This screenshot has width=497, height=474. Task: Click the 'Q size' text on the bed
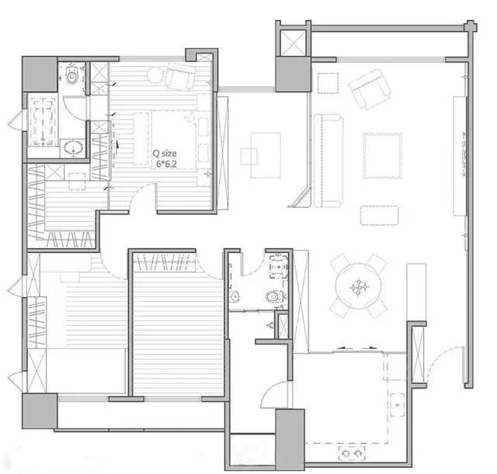[165, 154]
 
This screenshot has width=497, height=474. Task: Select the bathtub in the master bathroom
[43, 122]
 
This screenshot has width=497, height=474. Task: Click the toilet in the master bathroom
[72, 76]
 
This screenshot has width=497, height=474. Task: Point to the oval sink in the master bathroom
[73, 147]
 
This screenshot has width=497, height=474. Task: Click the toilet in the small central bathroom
[273, 296]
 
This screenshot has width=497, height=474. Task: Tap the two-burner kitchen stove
[352, 453]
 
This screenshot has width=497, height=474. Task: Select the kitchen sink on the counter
[397, 405]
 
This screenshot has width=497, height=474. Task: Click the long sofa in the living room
[328, 161]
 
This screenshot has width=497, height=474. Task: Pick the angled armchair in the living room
[370, 88]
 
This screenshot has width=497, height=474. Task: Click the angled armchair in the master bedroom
[180, 76]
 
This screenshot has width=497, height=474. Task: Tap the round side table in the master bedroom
[155, 76]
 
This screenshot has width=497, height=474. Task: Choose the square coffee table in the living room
[383, 156]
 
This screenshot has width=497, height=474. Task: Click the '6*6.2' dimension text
[166, 164]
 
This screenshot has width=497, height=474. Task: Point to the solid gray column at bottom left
[40, 411]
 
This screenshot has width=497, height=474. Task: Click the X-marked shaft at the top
[294, 43]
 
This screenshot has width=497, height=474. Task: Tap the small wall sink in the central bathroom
[235, 296]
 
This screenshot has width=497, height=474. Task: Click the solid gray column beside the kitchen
[290, 440]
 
